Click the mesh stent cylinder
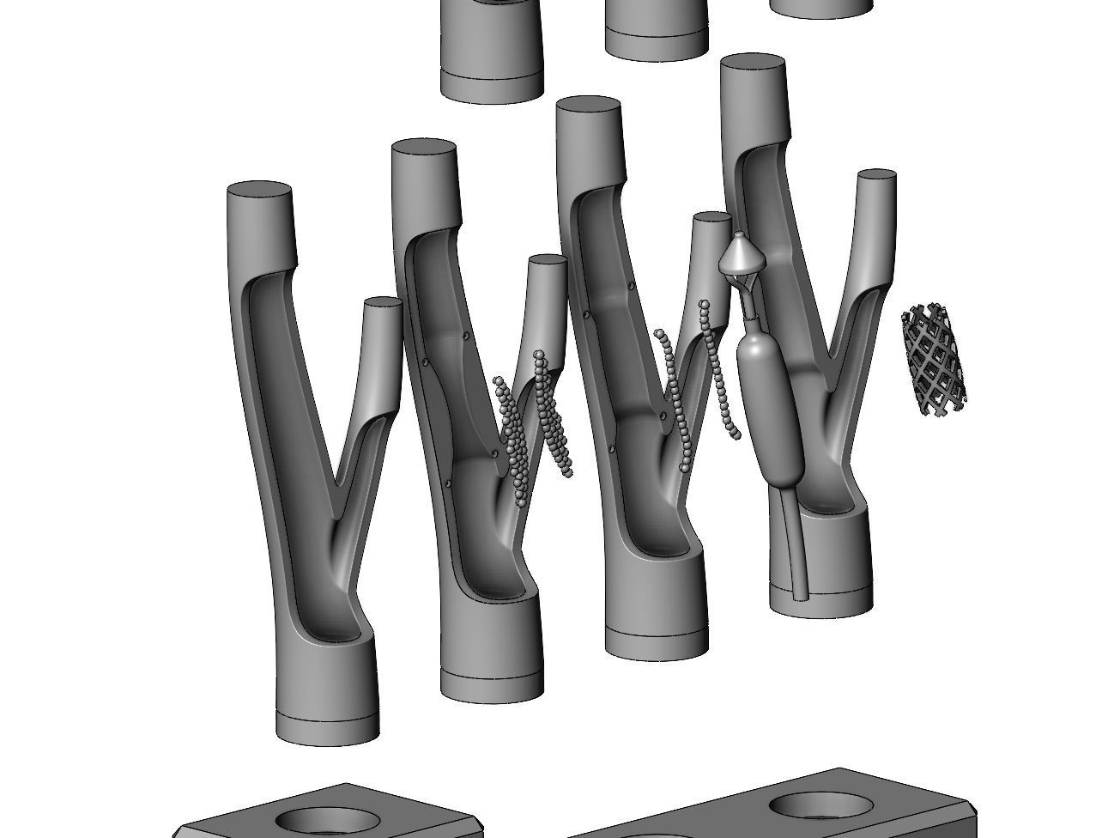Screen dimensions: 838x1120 (x=933, y=358)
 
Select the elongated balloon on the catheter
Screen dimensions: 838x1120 (x=770, y=404)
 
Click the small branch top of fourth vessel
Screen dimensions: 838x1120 (x=876, y=176)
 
